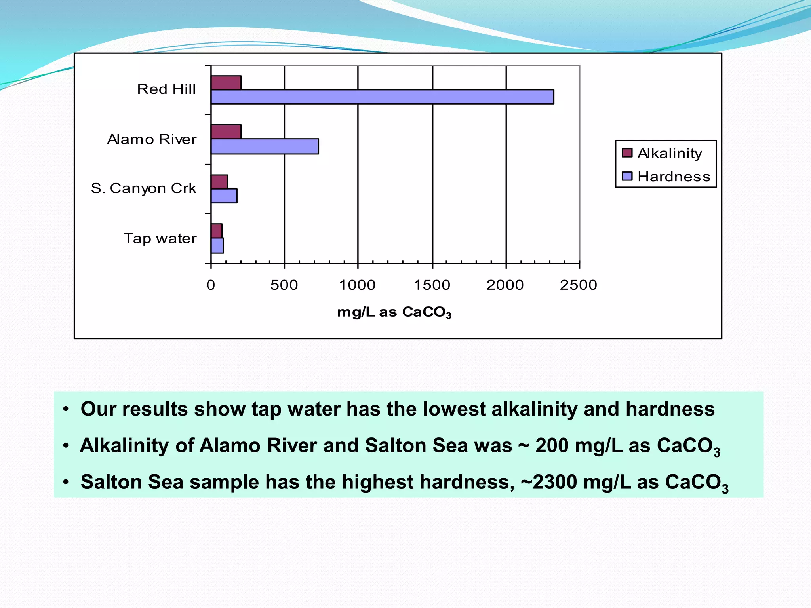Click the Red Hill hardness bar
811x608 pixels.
click(x=382, y=97)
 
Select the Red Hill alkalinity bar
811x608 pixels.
click(x=226, y=83)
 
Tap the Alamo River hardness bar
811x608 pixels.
click(x=265, y=146)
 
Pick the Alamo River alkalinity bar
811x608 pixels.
click(x=226, y=132)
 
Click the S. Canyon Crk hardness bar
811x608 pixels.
click(x=224, y=196)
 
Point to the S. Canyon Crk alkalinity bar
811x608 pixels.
click(x=219, y=182)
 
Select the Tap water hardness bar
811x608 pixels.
click(x=217, y=245)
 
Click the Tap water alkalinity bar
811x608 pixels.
click(x=216, y=231)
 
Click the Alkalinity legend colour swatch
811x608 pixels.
click(x=627, y=153)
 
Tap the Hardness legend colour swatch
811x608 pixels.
click(x=627, y=176)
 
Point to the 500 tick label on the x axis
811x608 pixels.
click(x=284, y=285)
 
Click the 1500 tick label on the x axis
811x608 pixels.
click(x=432, y=285)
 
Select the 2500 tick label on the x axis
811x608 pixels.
click(x=578, y=285)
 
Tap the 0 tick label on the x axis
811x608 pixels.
click(x=211, y=285)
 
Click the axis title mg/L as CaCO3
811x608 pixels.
click(x=394, y=312)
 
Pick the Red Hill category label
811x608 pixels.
click(x=166, y=89)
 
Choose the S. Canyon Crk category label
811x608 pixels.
click(x=143, y=188)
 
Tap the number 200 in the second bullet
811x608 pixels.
click(x=552, y=446)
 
